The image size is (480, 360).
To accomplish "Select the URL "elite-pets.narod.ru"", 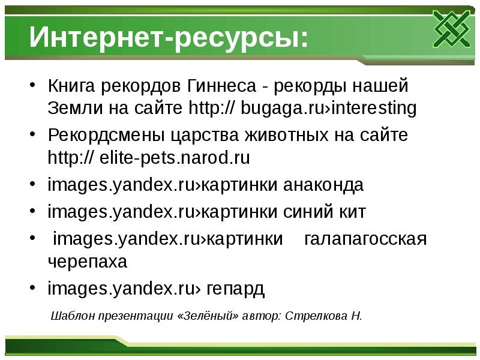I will point(166,159).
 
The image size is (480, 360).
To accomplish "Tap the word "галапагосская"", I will point(365,239).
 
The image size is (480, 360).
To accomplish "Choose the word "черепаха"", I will point(88,262).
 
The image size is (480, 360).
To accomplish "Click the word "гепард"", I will point(236,289).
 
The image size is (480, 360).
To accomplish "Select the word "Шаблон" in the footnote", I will point(70,316).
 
